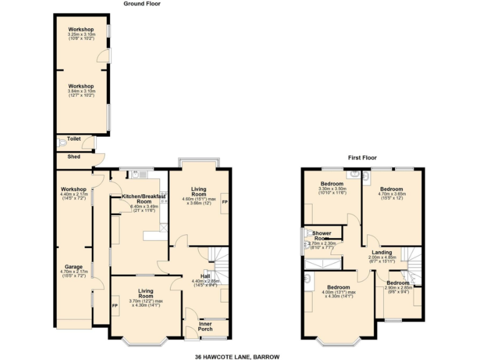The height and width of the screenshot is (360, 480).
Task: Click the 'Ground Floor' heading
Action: [142, 3]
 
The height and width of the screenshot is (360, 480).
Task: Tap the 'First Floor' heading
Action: [362, 158]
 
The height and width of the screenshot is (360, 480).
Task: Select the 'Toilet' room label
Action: [74, 139]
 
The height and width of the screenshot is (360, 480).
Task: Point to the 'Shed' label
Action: [73, 156]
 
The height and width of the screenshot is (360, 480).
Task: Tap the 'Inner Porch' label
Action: [206, 326]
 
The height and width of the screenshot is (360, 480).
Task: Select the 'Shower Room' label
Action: [322, 236]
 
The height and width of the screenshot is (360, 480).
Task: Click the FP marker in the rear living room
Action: [225, 202]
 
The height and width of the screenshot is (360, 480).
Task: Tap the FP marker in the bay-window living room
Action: [115, 306]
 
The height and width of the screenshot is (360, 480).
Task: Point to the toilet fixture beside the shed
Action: [61, 143]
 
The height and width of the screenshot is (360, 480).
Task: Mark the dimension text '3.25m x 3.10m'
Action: [81, 34]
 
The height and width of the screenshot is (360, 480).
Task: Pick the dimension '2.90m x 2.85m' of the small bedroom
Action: [397, 287]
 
